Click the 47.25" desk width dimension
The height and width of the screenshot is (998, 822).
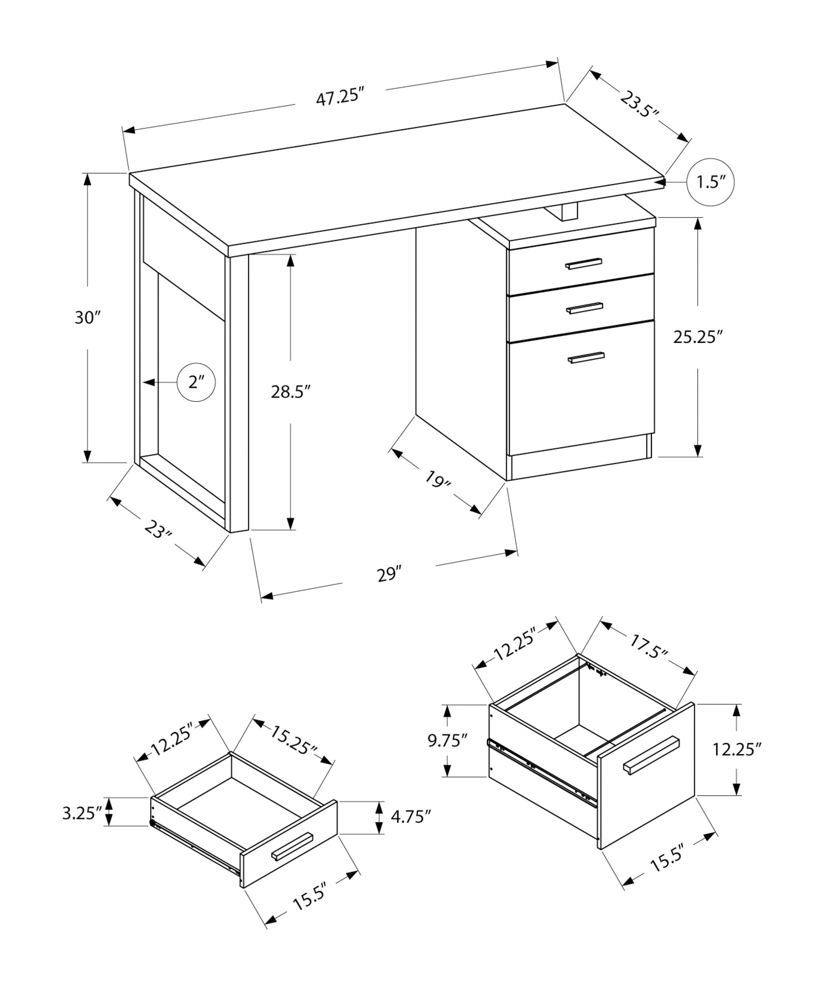(x=338, y=96)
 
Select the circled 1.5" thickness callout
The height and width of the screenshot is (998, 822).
(x=710, y=183)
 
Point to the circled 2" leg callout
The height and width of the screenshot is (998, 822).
(x=197, y=382)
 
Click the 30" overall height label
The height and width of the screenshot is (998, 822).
(x=88, y=317)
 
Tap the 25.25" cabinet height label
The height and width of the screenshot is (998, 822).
(x=698, y=337)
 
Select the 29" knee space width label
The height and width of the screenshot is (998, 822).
(x=389, y=574)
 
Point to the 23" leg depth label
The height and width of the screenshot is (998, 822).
(x=158, y=529)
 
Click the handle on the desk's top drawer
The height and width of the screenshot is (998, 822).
(x=583, y=263)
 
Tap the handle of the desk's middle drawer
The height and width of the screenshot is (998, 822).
(x=585, y=308)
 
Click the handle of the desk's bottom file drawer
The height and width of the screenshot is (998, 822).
(x=586, y=357)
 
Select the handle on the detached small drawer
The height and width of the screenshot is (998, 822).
(x=292, y=847)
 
